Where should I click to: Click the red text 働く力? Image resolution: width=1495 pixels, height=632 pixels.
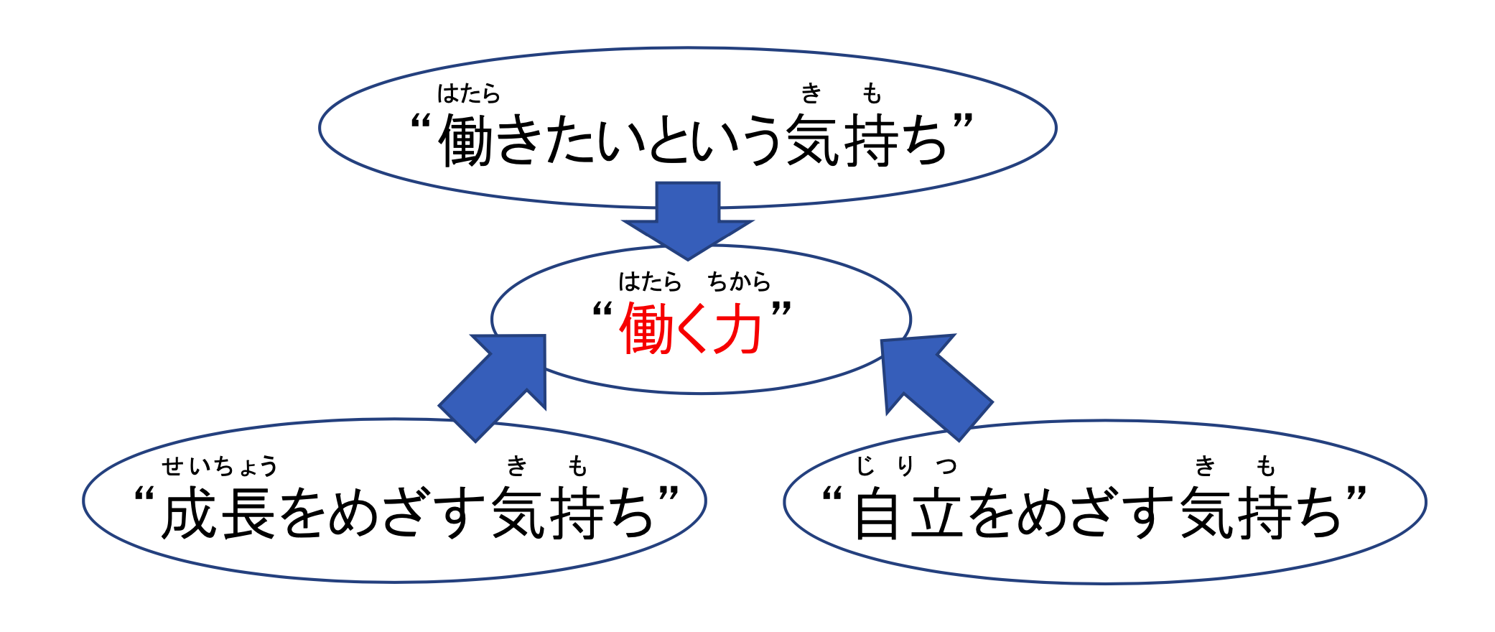690,329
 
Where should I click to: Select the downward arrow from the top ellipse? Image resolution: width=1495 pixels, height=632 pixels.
688,220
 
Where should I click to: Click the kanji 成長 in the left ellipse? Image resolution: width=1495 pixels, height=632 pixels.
218,513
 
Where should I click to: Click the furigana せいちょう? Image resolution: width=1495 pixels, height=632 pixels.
219,466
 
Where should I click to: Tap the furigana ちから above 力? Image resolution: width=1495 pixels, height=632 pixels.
739,281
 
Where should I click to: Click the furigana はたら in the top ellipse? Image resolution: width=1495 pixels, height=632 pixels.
469,93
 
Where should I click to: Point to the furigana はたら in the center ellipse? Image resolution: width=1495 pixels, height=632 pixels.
650,281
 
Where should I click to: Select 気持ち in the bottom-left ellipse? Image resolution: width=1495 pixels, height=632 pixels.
572,513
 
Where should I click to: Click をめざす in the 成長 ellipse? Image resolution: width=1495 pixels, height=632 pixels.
384,513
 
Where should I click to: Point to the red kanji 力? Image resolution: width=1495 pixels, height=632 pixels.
735,329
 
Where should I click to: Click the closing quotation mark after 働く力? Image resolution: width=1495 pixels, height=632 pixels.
781,310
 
